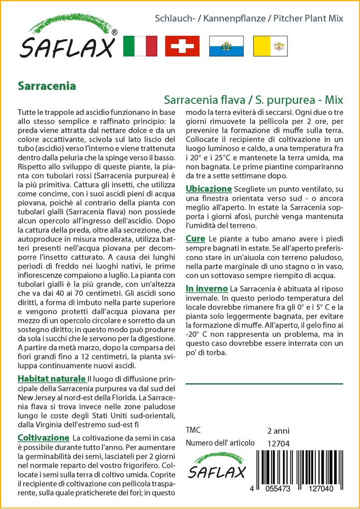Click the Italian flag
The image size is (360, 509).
pos(139,46)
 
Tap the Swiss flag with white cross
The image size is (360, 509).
pos(182,46)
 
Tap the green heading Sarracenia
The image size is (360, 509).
pos(47,85)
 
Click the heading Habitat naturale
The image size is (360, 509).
pos(52,378)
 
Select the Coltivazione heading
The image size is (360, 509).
pos(43,437)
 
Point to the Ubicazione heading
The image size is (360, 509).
pos(209,189)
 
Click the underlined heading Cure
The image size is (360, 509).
pos(195,239)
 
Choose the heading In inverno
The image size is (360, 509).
pos(207,288)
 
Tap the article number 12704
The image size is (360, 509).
pos(278,443)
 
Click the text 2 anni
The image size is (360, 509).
pos(278,430)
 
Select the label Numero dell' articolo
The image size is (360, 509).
pos(220,443)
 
